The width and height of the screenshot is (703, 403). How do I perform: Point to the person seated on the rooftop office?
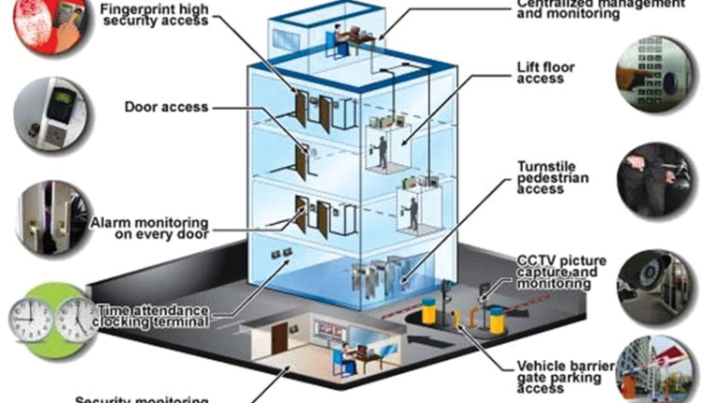pyautogui.click(x=332, y=41)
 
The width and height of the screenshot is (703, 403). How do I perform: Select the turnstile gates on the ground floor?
pyautogui.click(x=376, y=273)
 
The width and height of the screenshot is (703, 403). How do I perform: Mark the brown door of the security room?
pyautogui.click(x=279, y=342)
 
